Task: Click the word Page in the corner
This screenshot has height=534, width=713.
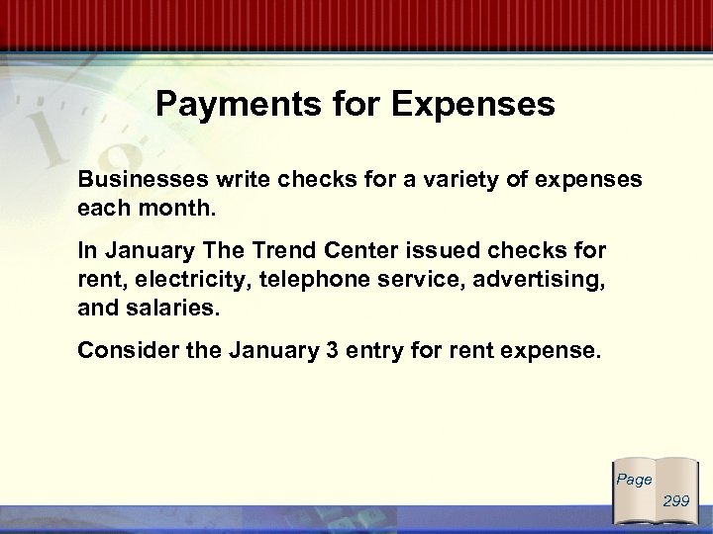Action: [634, 480]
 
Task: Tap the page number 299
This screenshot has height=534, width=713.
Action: [677, 501]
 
